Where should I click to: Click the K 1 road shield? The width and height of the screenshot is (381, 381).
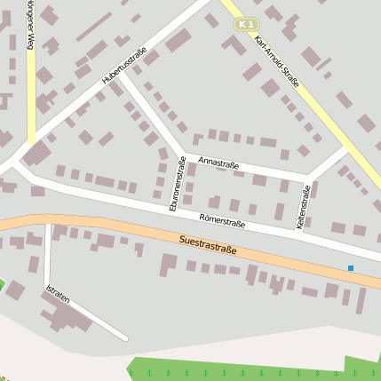tap(248, 24)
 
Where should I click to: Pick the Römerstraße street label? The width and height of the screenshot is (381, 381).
tap(222, 219)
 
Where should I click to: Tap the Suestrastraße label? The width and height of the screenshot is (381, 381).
tap(208, 244)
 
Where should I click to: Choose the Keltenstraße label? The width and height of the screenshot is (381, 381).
tap(304, 207)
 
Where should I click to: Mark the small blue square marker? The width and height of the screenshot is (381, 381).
tap(351, 267)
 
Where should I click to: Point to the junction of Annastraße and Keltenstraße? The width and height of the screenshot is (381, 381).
tap(307, 176)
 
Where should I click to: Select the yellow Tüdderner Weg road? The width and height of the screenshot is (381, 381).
tap(31, 89)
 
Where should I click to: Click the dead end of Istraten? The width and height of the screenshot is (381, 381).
tap(125, 338)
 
